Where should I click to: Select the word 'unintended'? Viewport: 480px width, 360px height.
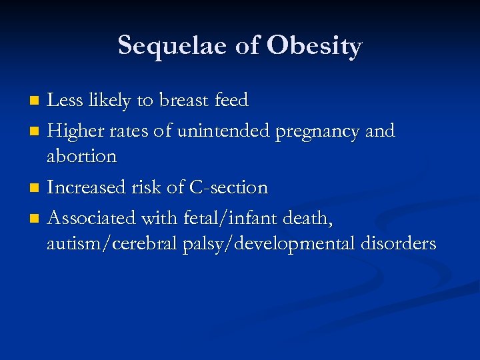click(223, 131)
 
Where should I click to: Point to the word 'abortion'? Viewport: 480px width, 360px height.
click(81, 157)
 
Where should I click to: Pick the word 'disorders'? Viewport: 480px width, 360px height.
click(398, 244)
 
